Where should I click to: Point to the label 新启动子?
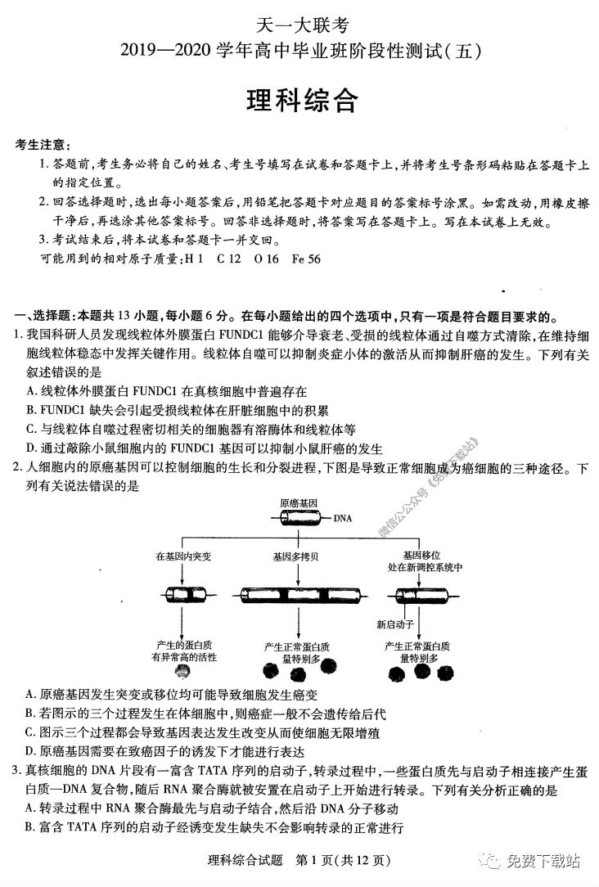(x=392, y=624)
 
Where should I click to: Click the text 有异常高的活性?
(x=184, y=656)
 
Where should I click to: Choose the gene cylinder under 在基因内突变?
(x=184, y=595)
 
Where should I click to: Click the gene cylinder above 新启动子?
(x=416, y=595)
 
